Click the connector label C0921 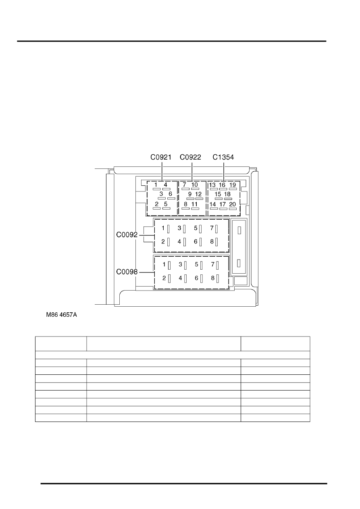pyautogui.click(x=161, y=157)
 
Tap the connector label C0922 pyautogui.click(x=190, y=157)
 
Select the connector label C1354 pyautogui.click(x=223, y=157)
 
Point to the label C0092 pyautogui.click(x=127, y=235)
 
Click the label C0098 pyautogui.click(x=127, y=272)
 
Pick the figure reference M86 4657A pyautogui.click(x=62, y=315)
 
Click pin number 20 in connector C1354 pyautogui.click(x=233, y=204)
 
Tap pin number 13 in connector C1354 pyautogui.click(x=212, y=185)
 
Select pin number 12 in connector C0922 pyautogui.click(x=198, y=194)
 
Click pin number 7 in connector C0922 pyautogui.click(x=184, y=185)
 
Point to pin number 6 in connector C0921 pyautogui.click(x=170, y=194)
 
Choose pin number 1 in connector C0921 pyautogui.click(x=156, y=185)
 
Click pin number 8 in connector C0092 pyautogui.click(x=212, y=241)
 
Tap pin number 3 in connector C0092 pyautogui.click(x=179, y=228)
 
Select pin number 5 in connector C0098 pyautogui.click(x=196, y=264)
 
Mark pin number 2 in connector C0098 pyautogui.click(x=164, y=278)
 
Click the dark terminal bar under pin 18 pyautogui.click(x=228, y=199)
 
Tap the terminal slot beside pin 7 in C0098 pyautogui.click(x=218, y=265)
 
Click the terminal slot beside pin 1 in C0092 pyautogui.click(x=169, y=229)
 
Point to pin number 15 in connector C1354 pyautogui.click(x=218, y=194)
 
